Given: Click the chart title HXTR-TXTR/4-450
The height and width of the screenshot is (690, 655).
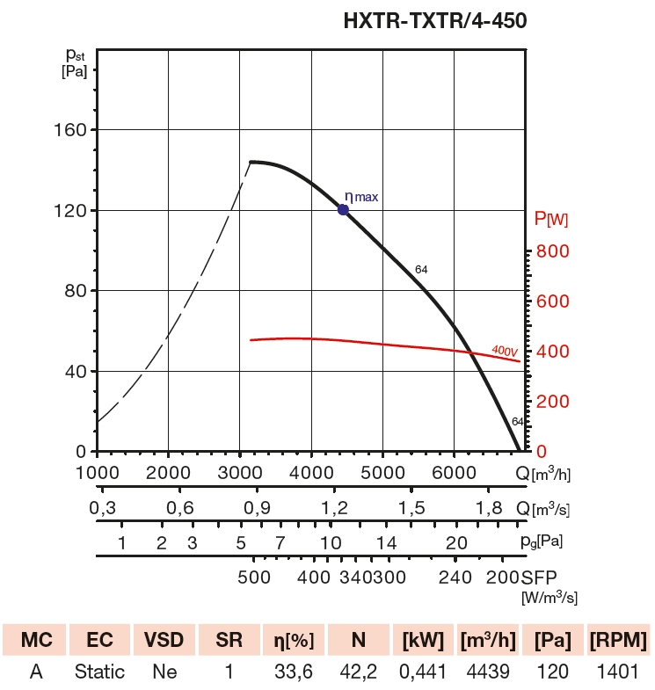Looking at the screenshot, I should point(435,20).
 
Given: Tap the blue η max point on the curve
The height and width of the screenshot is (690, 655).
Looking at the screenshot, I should point(343,209).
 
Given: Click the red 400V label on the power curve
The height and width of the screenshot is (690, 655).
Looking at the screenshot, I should point(504,351).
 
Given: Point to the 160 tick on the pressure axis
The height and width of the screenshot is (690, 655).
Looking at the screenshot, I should point(71,130).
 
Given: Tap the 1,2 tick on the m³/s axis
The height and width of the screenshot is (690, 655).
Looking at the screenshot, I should point(334,508).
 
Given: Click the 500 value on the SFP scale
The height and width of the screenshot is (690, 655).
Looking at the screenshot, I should point(254,577).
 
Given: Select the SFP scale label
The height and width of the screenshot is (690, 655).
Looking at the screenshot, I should point(538,577).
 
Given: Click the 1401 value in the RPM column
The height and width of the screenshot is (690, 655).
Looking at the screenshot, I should point(618,672).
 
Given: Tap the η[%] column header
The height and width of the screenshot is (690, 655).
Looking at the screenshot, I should point(294,639).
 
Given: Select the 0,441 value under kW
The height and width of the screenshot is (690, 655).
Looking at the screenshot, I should point(423,672).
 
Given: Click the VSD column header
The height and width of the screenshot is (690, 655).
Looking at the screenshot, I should point(164,639).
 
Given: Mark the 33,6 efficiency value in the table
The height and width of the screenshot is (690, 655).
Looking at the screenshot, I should point(294,672).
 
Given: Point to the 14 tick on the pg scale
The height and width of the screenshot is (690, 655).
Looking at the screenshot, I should point(387,541).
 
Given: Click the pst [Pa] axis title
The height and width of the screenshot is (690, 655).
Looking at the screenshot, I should point(75,62).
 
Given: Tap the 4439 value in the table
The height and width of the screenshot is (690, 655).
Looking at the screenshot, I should point(487,672).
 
